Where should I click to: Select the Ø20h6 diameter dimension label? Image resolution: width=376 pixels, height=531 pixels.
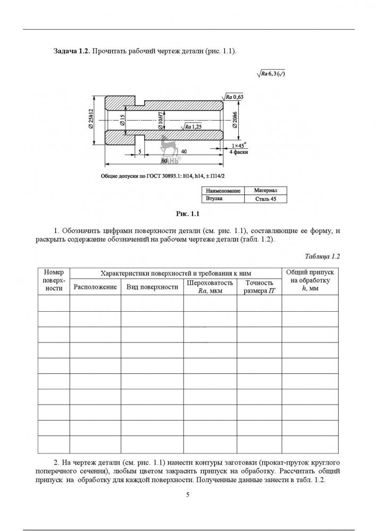234,121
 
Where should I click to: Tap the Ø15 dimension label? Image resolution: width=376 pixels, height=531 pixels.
122,120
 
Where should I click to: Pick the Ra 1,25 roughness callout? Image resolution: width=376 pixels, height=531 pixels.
193,127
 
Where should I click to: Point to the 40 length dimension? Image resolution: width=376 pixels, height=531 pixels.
183,152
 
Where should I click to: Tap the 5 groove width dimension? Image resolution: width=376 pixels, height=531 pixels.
139,152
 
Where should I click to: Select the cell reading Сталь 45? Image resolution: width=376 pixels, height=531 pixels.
266,199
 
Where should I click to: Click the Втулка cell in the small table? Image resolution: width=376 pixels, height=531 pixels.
214,199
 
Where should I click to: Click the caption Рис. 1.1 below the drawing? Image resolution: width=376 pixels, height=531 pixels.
187,215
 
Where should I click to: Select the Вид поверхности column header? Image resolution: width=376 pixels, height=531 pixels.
152,287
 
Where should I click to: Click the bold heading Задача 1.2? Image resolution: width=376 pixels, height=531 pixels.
72,51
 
